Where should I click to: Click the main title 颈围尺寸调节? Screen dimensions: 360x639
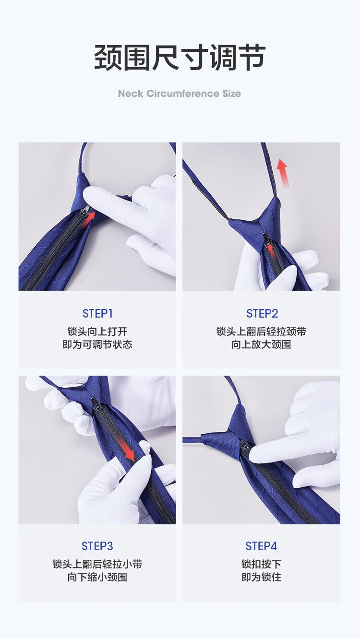pyautogui.click(x=180, y=58)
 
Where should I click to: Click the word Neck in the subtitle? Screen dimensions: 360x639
pyautogui.click(x=131, y=93)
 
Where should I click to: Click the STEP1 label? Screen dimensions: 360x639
pyautogui.click(x=97, y=314)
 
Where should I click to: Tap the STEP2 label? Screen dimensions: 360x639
pyautogui.click(x=262, y=314)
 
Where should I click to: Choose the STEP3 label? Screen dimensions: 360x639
pyautogui.click(x=97, y=546)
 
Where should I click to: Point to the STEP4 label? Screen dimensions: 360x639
pyautogui.click(x=261, y=546)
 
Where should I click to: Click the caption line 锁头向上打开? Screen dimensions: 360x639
pyautogui.click(x=97, y=331)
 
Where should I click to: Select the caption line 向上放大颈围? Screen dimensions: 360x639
pyautogui.click(x=261, y=344)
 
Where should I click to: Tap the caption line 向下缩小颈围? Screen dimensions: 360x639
pyautogui.click(x=97, y=577)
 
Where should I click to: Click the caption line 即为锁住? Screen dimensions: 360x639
pyautogui.click(x=261, y=577)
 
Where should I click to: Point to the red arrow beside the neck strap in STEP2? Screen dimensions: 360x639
pyautogui.click(x=283, y=173)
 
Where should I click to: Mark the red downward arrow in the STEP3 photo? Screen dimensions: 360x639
pyautogui.click(x=126, y=450)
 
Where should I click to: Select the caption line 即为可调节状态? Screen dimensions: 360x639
pyautogui.click(x=97, y=344)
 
